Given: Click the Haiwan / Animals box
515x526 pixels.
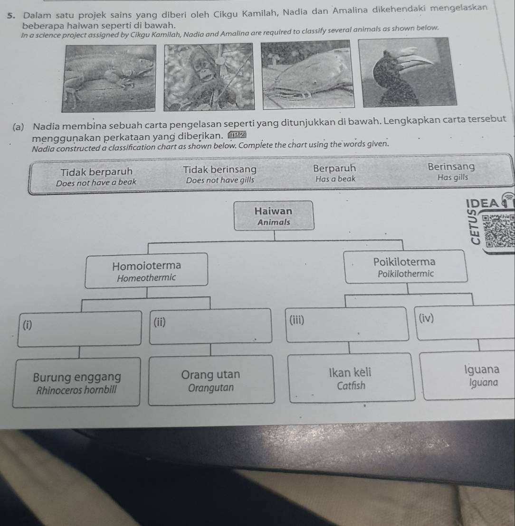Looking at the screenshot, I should click(x=274, y=215).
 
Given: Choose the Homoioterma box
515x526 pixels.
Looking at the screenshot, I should click(x=146, y=270).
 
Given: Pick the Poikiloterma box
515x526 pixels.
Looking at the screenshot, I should click(x=405, y=267).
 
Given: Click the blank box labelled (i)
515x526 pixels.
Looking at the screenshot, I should click(x=79, y=328).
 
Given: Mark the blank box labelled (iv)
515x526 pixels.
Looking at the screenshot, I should click(x=465, y=323).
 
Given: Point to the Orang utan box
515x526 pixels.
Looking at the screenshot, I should click(x=211, y=380).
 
